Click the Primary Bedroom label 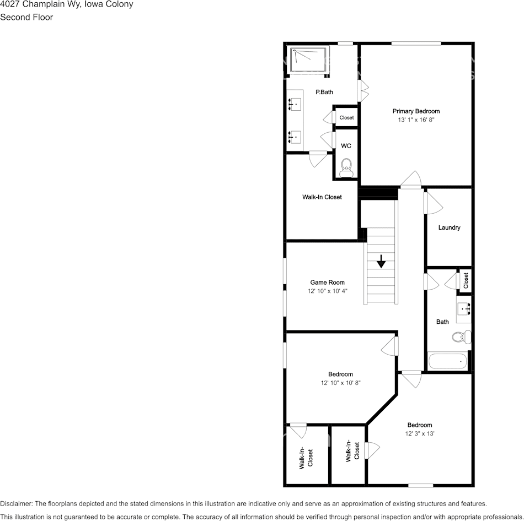click(416, 111)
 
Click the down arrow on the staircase click(381, 261)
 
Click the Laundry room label click(449, 227)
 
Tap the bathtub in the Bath click(448, 361)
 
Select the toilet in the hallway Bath click(461, 336)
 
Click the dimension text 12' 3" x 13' click(420, 433)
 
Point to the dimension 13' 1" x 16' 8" click(416, 120)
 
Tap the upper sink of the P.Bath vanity click(295, 103)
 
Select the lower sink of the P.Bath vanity click(295, 136)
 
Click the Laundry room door click(433, 203)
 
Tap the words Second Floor click(26, 17)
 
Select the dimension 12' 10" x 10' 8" click(340, 382)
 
